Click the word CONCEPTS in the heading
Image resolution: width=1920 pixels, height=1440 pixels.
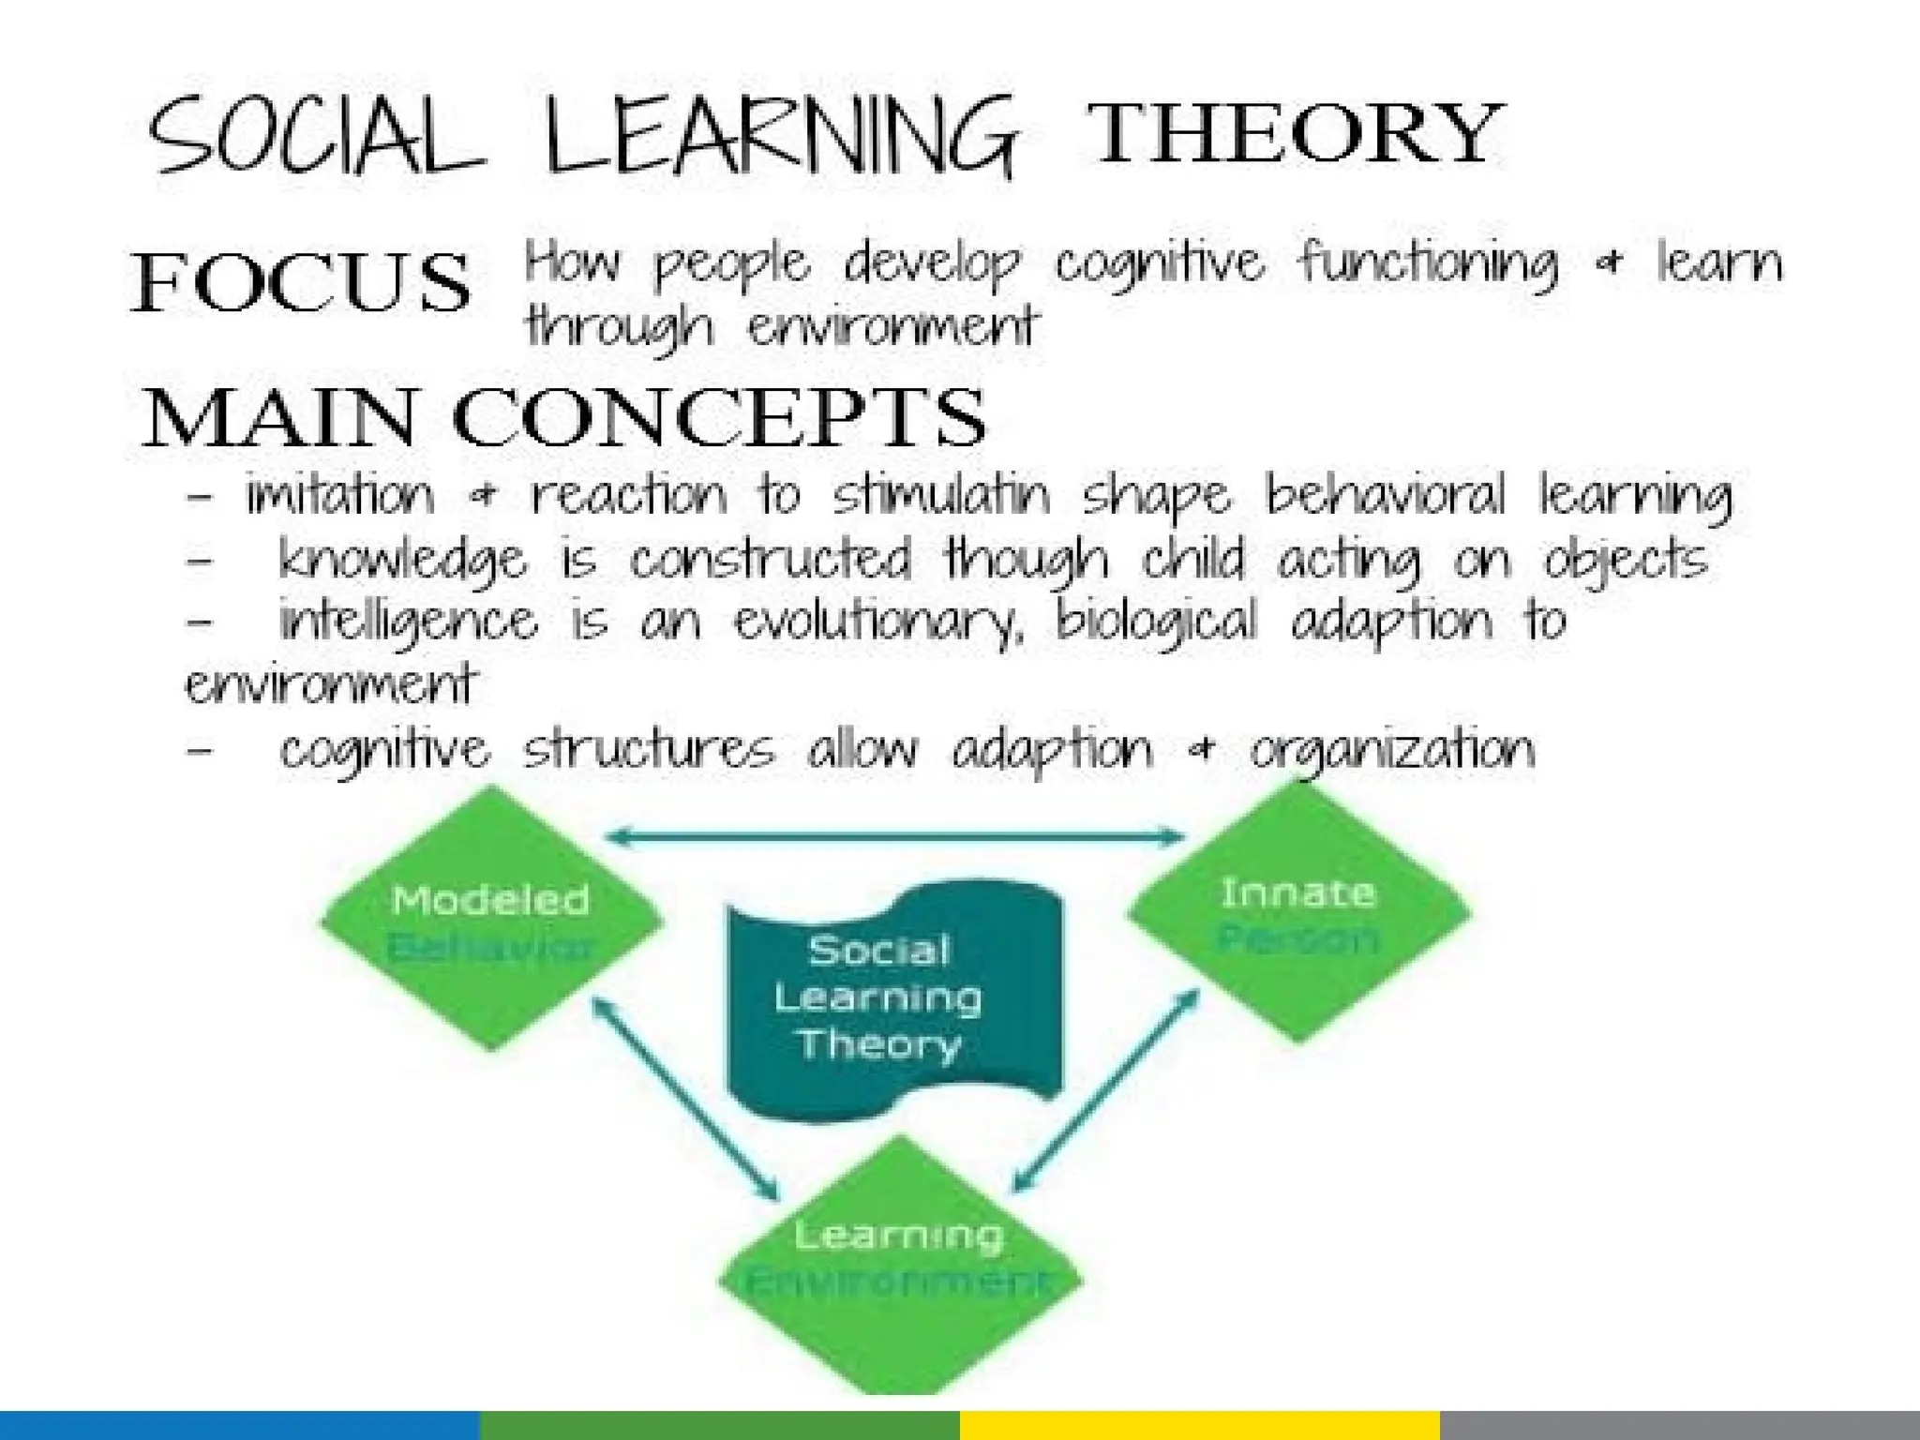coord(719,418)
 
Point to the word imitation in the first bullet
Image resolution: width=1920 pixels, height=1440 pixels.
coord(340,495)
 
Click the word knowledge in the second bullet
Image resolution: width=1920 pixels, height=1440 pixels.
coord(403,561)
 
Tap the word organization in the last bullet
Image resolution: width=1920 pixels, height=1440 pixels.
coord(1393,751)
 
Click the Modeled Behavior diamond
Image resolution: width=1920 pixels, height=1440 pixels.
coord(491,919)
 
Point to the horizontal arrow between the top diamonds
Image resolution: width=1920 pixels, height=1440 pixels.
coord(896,836)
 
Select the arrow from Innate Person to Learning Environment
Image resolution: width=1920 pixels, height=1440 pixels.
coord(1106,1093)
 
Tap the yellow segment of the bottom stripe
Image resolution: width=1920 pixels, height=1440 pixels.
coord(1199,1424)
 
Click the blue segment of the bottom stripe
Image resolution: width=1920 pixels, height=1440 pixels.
coord(239,1424)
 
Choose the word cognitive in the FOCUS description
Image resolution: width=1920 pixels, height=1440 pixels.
coord(1159,263)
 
